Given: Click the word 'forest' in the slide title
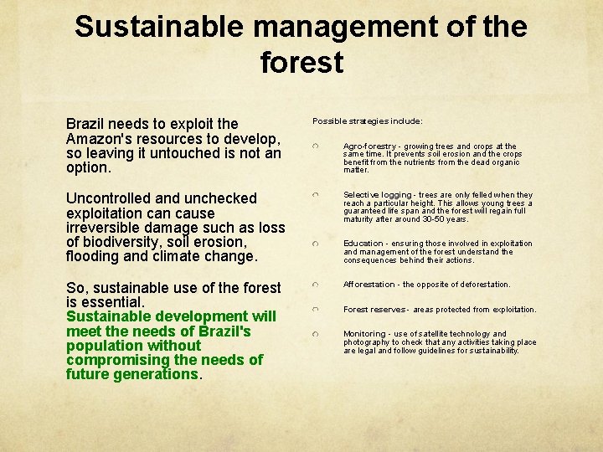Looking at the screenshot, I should [301, 62].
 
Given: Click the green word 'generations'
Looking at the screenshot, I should [157, 374].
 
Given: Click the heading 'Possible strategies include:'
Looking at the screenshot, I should [368, 121].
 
